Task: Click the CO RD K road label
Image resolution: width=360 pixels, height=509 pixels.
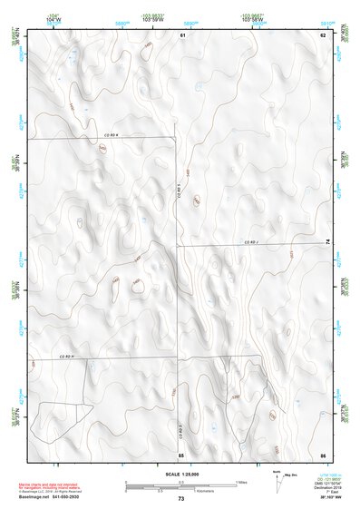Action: pyautogui.click(x=111, y=134)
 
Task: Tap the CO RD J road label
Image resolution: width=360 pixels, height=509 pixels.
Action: pyautogui.click(x=252, y=242)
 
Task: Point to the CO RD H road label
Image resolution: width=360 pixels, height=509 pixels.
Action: pyautogui.click(x=66, y=357)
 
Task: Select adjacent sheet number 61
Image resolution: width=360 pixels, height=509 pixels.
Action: pyautogui.click(x=182, y=34)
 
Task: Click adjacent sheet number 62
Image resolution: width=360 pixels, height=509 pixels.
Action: pyautogui.click(x=322, y=34)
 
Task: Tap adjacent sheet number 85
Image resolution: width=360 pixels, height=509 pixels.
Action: pyautogui.click(x=181, y=454)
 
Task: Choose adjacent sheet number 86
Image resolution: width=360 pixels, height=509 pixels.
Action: pyautogui.click(x=322, y=454)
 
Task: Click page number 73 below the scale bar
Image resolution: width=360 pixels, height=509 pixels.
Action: pyautogui.click(x=180, y=499)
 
